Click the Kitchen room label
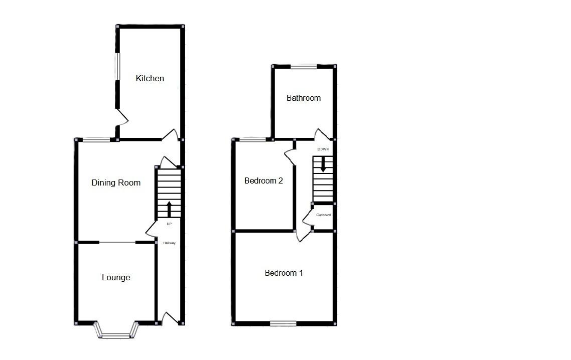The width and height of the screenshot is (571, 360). click(x=150, y=78)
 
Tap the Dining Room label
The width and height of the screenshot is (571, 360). click(x=116, y=183)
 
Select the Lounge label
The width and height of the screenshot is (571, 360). click(x=116, y=277)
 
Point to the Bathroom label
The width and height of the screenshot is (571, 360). click(x=304, y=98)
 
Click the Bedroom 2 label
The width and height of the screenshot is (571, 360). click(x=263, y=181)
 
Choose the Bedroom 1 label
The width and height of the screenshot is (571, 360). click(x=283, y=273)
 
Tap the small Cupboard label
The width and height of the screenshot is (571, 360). click(x=323, y=215)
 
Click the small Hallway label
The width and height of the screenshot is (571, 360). click(x=169, y=243)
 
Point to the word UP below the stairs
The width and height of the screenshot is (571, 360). click(x=169, y=224)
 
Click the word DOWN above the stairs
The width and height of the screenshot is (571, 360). click(x=323, y=149)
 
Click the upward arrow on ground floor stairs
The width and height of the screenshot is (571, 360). click(x=169, y=209)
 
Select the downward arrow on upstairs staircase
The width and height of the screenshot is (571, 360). click(x=323, y=164)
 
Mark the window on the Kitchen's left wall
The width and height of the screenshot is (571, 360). click(x=117, y=66)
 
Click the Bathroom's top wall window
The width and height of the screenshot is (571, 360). click(x=304, y=66)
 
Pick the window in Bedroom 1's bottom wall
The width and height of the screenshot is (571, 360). click(x=283, y=323)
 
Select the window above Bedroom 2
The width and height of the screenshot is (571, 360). click(x=253, y=139)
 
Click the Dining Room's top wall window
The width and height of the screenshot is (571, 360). click(x=96, y=139)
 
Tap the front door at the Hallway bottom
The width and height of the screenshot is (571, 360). click(x=171, y=317)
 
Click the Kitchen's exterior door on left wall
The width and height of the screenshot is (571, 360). click(x=122, y=117)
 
